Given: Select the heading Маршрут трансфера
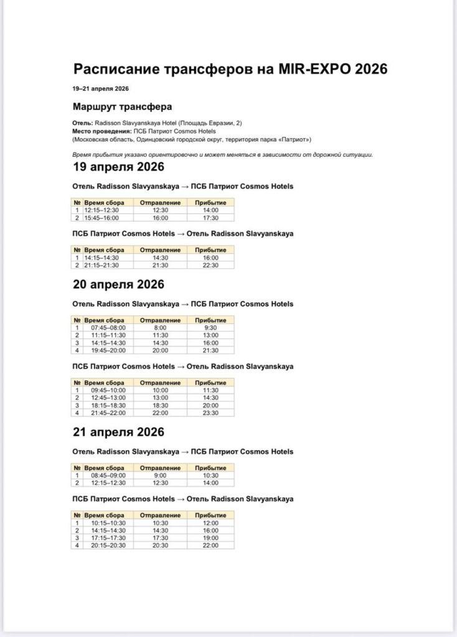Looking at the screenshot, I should coord(122,106).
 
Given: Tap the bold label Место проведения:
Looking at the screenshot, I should coord(101,131).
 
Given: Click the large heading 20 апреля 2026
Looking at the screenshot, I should coord(118,284).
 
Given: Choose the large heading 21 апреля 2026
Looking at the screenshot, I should coord(118,432).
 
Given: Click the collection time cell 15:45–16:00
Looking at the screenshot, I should coord(101,218).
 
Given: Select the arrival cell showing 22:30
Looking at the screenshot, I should coord(210,265).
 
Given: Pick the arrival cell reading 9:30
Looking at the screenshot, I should coord(210,328).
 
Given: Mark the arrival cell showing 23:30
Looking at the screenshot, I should coord(210,412).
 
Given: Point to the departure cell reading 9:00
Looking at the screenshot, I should coord(160,475).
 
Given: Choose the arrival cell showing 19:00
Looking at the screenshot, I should coord(210,538).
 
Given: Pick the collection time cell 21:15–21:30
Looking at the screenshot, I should coord(101,265).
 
